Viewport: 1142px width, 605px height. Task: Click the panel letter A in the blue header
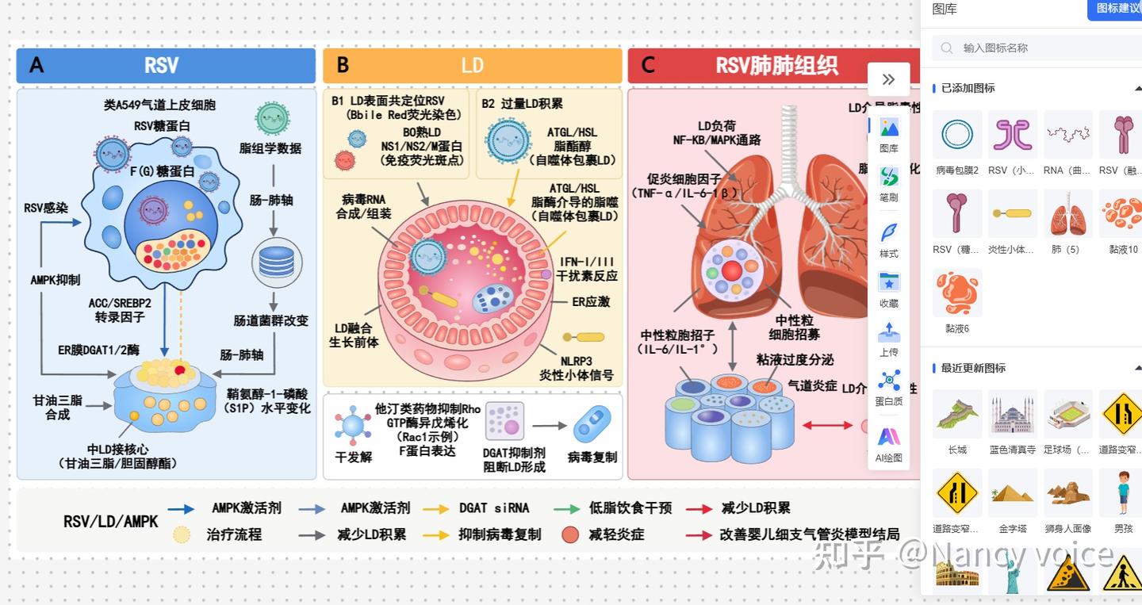(36, 65)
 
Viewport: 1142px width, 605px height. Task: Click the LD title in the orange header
(472, 65)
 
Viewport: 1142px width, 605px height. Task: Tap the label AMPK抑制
(55, 280)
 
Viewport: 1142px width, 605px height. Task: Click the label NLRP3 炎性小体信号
(577, 368)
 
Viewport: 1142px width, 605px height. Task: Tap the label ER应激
(591, 302)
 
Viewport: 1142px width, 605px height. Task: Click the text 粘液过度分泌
(795, 359)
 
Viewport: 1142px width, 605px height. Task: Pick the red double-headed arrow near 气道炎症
(827, 425)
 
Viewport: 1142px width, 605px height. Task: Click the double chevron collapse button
(888, 79)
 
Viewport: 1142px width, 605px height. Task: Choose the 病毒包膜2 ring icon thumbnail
(957, 135)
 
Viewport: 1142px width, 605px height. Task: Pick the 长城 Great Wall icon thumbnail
(957, 414)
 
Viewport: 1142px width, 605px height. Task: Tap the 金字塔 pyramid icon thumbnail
(1013, 493)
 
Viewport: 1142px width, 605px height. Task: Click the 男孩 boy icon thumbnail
(1124, 493)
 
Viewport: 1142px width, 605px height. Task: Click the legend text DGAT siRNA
(493, 508)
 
